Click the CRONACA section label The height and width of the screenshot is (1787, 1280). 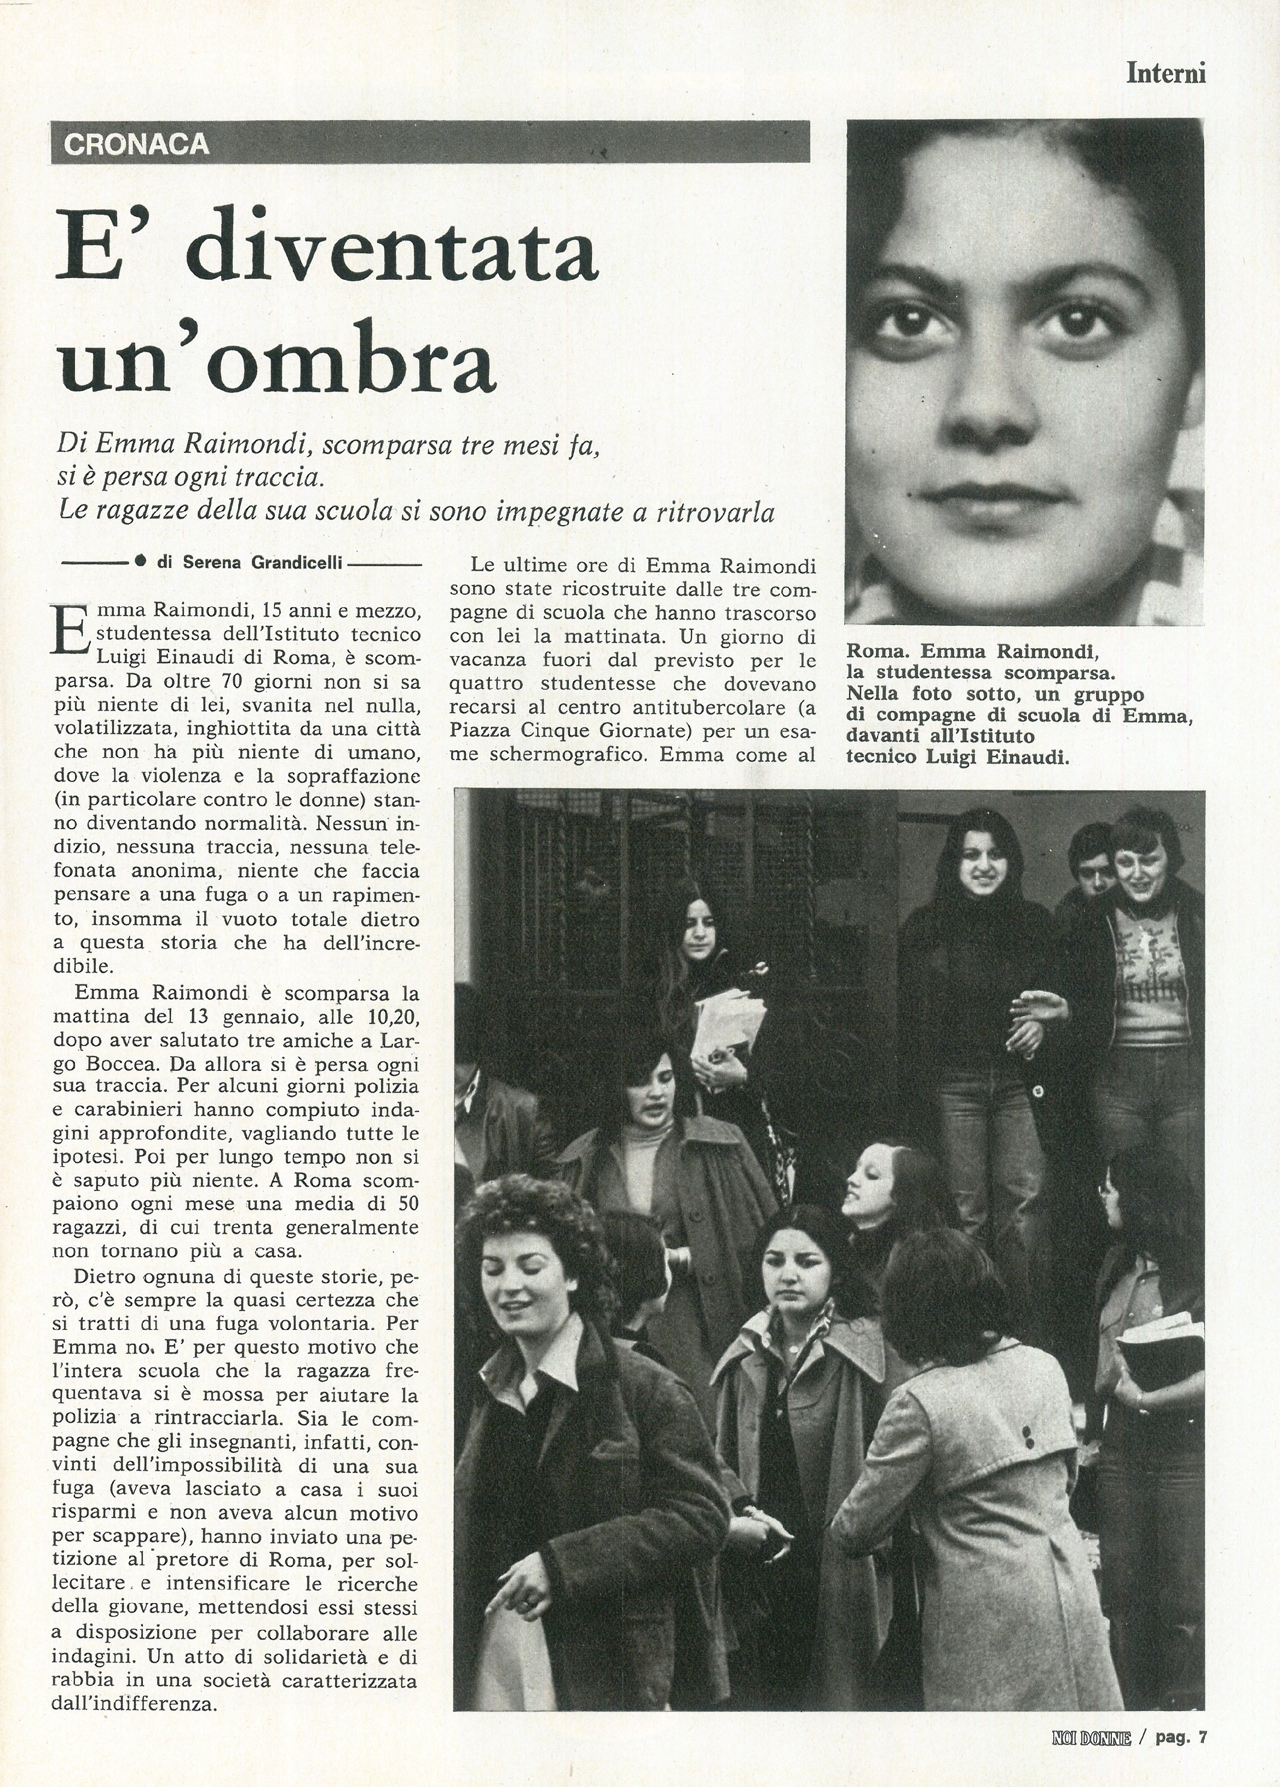point(136,144)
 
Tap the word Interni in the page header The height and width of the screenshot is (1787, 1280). point(1166,73)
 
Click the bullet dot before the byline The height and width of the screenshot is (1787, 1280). point(140,561)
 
